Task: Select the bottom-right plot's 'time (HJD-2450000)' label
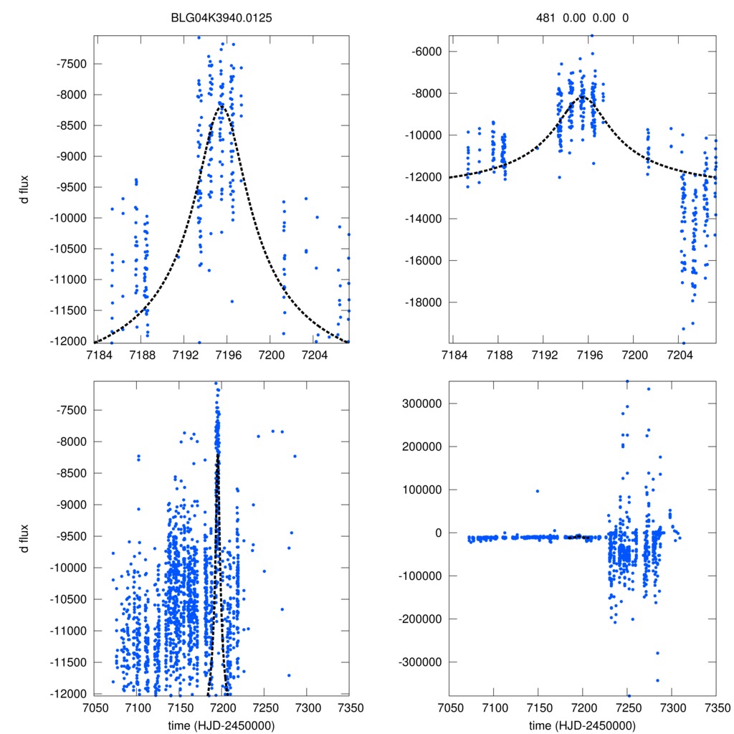click(583, 725)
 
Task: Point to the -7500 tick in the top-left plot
click(72, 64)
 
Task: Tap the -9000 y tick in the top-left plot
click(72, 156)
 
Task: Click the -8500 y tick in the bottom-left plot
click(72, 473)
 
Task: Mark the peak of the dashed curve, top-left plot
click(221, 104)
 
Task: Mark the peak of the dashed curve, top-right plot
click(583, 96)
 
